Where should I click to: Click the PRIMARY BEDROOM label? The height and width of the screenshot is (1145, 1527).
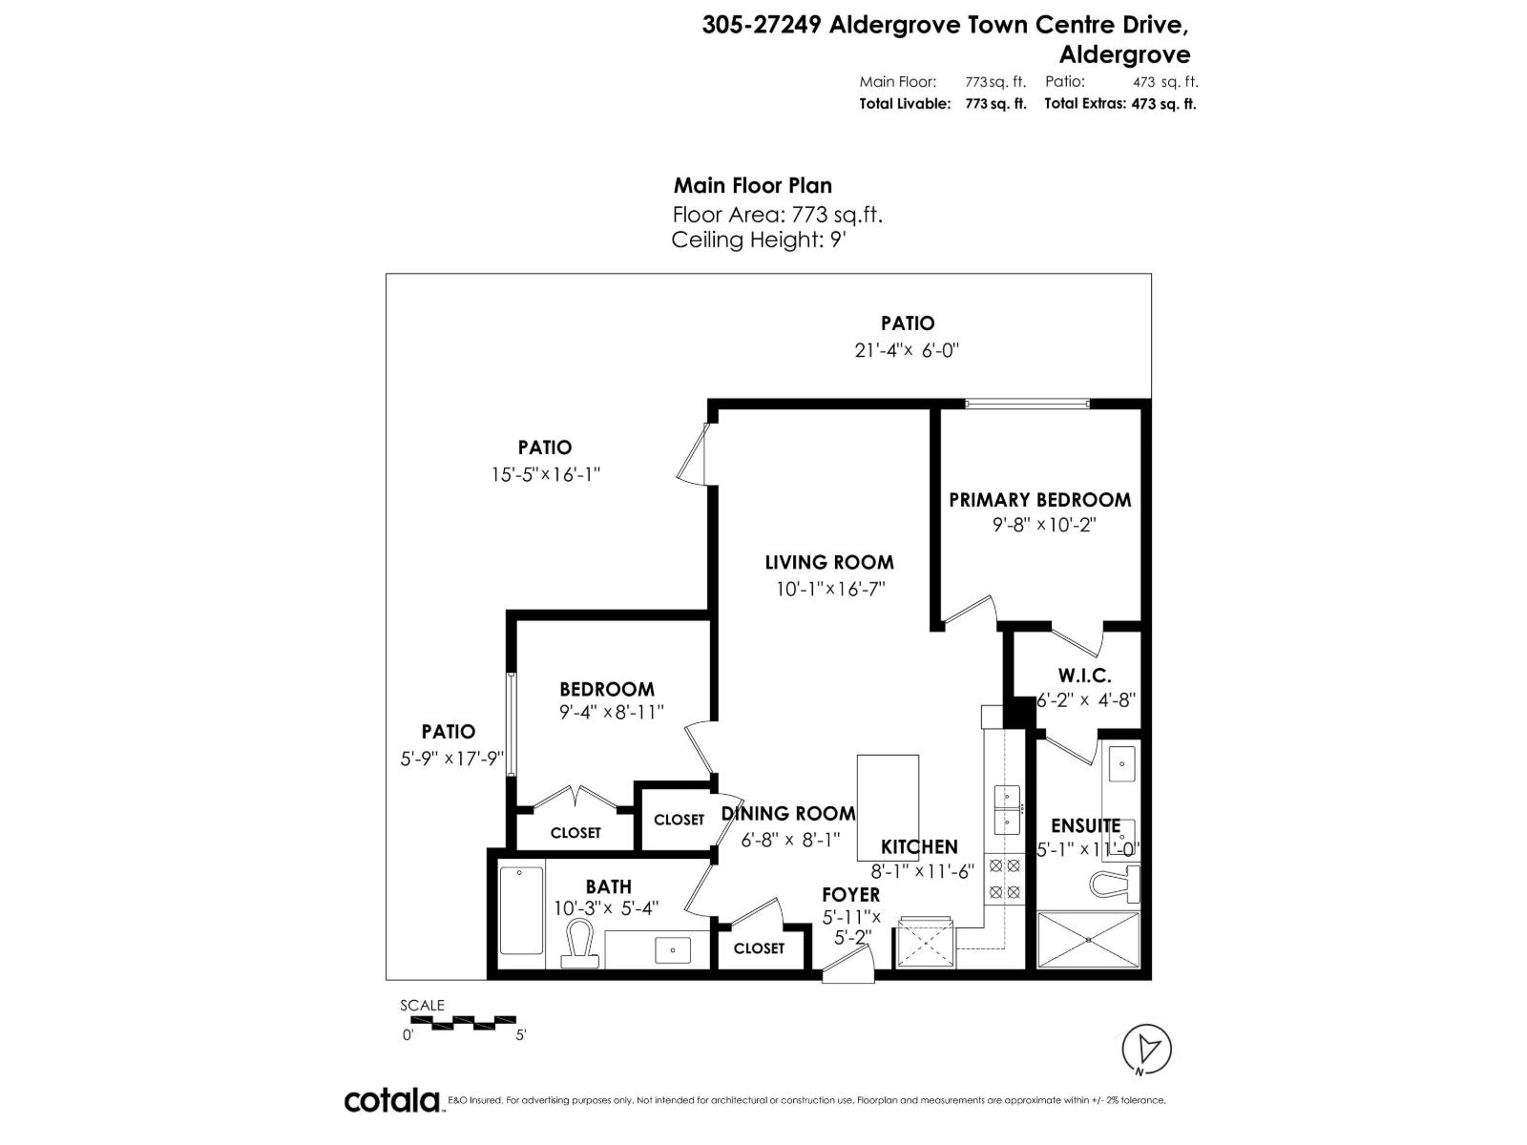point(1039,499)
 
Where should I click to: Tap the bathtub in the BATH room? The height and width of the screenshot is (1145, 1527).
point(521,909)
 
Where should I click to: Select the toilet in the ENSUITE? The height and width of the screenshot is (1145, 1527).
point(1116,884)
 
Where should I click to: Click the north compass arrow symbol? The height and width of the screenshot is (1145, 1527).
point(1147,1050)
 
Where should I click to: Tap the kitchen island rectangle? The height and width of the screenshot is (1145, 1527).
point(888,806)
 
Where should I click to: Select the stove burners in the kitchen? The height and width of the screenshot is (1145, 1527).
point(1004,879)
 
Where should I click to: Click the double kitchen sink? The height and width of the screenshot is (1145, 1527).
point(1007,808)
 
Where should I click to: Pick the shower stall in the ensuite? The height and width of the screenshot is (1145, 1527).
point(1089,940)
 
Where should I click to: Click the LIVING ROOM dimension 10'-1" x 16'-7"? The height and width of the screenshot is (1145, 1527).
point(830,590)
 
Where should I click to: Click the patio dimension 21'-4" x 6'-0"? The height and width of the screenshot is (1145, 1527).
point(906,350)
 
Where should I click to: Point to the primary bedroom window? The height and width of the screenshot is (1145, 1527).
point(1026,405)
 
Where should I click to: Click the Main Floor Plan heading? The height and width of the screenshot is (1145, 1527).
point(752,185)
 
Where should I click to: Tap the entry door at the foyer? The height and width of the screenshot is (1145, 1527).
point(847,968)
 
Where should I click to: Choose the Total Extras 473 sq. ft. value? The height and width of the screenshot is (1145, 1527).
point(1162,104)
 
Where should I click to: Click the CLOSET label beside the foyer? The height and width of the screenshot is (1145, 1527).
point(759,947)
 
